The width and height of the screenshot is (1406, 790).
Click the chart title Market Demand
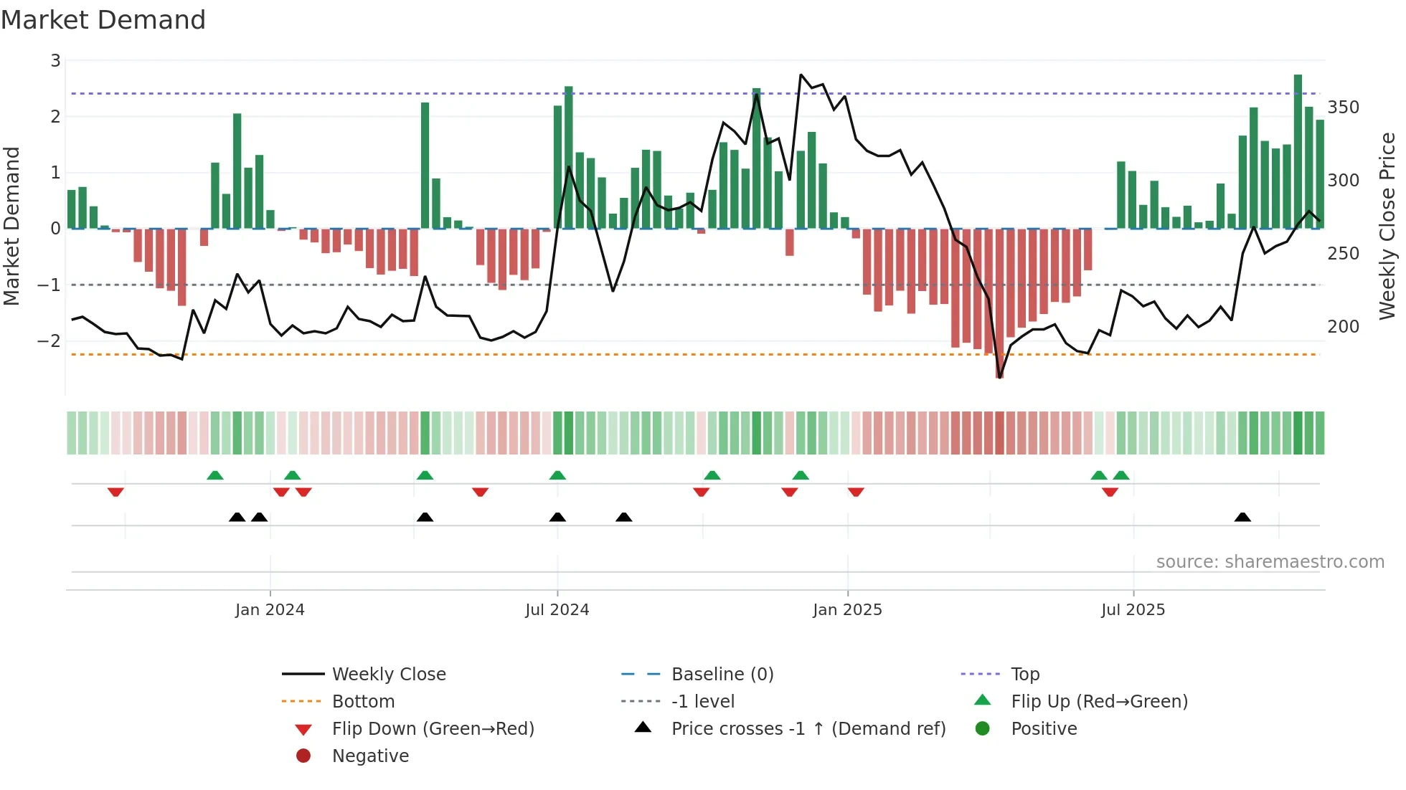[103, 20]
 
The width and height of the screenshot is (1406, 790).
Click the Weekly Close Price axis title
[1387, 226]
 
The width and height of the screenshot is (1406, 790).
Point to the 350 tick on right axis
[1343, 108]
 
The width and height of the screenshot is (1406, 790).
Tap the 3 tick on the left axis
[55, 61]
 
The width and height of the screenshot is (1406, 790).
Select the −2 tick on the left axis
[49, 341]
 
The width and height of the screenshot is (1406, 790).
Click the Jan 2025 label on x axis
[847, 610]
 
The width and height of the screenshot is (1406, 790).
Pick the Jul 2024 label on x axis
[557, 610]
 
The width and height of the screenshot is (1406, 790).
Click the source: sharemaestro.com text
[1270, 562]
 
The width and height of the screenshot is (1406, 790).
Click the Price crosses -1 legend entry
[808, 729]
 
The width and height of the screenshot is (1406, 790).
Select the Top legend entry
[1025, 675]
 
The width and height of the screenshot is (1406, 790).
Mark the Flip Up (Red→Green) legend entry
[1099, 702]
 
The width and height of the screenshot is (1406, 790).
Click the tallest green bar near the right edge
[1298, 151]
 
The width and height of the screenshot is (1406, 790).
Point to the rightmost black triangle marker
[1242, 517]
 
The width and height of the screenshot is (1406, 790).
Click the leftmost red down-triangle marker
[115, 492]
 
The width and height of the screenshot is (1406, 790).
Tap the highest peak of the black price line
[801, 75]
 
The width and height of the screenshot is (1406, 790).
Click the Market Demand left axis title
[11, 226]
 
